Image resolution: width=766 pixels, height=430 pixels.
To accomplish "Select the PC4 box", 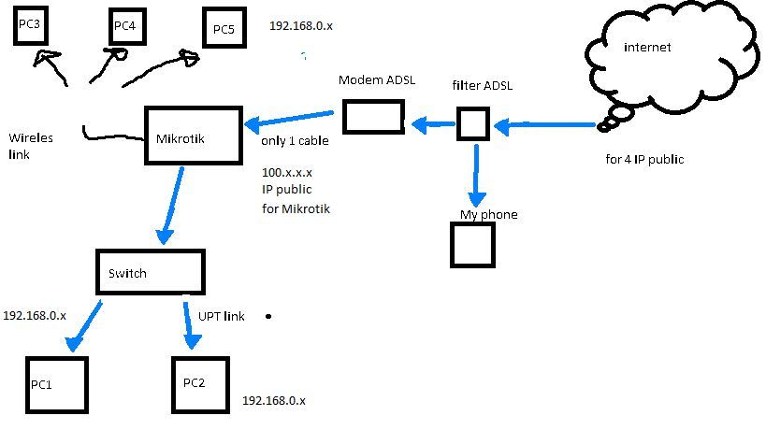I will point(124,27).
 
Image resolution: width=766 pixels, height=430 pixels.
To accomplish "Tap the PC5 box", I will point(224,29).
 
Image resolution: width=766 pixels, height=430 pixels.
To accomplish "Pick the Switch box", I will point(151,272).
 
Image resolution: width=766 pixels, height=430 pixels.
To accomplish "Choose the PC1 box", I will point(56,384).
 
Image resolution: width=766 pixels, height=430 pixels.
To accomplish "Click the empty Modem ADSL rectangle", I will point(370,117).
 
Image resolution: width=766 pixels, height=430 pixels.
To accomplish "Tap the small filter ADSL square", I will point(473,124).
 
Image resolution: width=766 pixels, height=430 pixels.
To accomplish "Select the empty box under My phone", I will point(473,244).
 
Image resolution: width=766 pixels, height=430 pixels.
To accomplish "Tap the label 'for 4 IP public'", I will point(644,159).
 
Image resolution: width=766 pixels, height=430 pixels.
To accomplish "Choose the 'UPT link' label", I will point(221,316).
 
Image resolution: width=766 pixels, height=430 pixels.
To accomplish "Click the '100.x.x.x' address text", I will point(288,173).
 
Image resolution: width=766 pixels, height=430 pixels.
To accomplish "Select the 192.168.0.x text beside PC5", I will point(300,27).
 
